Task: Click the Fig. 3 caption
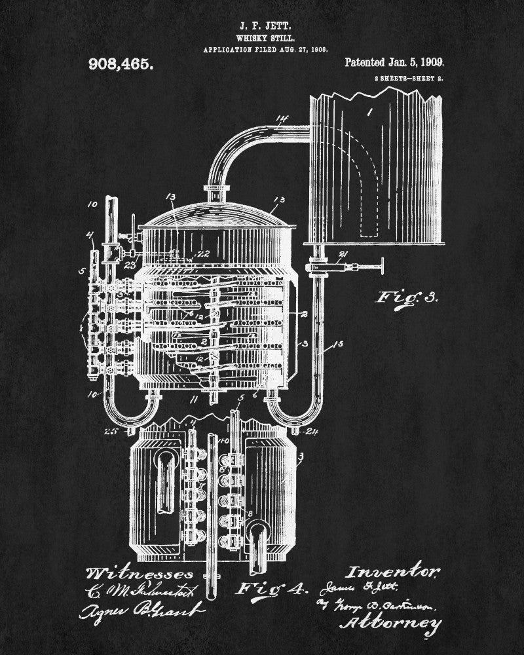(405, 297)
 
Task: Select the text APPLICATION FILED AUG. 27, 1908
(265, 49)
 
